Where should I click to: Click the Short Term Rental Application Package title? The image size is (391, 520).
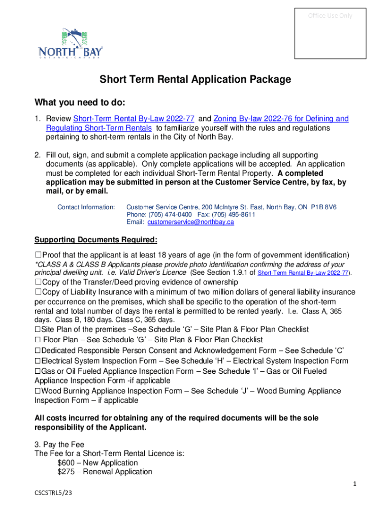[195, 80]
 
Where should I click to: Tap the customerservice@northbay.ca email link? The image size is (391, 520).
[190, 222]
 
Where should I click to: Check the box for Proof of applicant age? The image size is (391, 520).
[38, 254]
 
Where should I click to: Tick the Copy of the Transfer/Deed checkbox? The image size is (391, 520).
[38, 282]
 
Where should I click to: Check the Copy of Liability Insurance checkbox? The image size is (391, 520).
[38, 292]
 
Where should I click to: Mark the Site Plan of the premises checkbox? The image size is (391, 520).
[38, 330]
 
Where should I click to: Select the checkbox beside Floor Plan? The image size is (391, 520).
[38, 340]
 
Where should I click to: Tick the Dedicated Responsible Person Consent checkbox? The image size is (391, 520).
[38, 351]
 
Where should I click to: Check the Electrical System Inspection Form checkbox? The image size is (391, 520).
[38, 361]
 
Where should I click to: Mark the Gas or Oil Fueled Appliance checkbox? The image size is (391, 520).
[38, 371]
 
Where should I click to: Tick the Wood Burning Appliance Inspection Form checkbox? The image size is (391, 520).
[38, 391]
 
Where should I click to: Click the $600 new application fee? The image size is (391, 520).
[67, 463]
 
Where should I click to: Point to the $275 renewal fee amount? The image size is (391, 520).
[67, 472]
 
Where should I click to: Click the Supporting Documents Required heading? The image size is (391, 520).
[95, 240]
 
